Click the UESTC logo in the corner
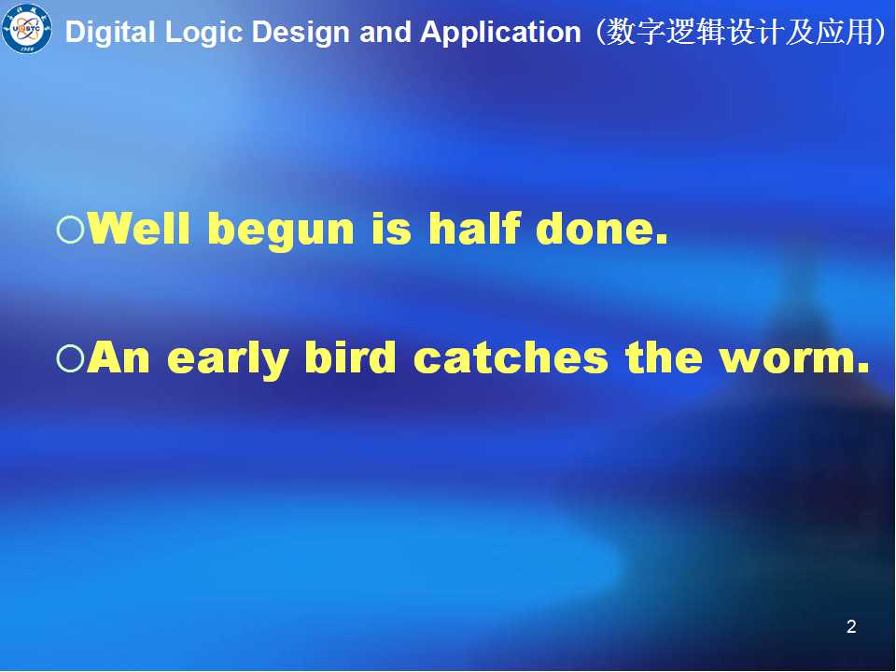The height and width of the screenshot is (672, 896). (x=26, y=28)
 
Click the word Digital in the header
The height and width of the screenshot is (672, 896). (x=110, y=33)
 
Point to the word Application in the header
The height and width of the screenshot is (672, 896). (x=500, y=33)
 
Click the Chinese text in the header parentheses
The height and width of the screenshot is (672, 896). (x=739, y=32)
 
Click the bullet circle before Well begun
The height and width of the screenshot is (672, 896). (x=71, y=230)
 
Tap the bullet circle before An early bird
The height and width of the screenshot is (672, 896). (x=71, y=358)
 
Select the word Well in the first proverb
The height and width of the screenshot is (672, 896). (x=139, y=228)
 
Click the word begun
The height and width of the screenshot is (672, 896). (x=281, y=231)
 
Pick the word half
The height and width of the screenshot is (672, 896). (x=475, y=228)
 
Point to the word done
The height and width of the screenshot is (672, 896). (x=602, y=228)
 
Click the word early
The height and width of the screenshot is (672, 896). (x=228, y=360)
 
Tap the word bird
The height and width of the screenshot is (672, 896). (x=350, y=357)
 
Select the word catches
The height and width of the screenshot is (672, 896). (x=511, y=357)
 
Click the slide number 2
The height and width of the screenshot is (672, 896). (x=851, y=627)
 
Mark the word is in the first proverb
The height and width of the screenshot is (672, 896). (x=391, y=229)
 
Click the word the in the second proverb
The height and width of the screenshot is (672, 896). (x=664, y=357)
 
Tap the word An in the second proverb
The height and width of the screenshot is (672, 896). (x=119, y=357)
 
